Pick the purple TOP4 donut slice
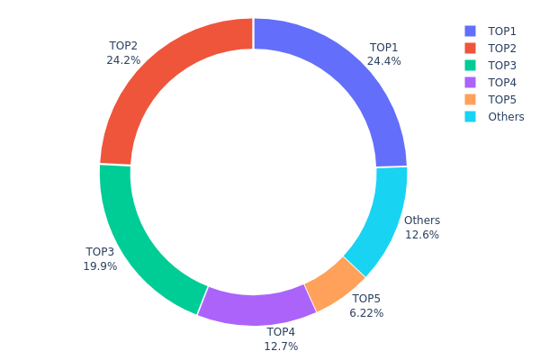click(256, 305)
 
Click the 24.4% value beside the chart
click(383, 61)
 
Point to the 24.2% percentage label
click(123, 60)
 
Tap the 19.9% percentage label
click(100, 266)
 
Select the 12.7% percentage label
click(281, 346)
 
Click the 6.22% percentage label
click(366, 313)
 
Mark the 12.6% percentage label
click(422, 235)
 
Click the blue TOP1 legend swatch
click(471, 31)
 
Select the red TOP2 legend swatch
click(471, 48)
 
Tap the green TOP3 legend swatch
click(471, 65)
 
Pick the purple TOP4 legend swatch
click(471, 82)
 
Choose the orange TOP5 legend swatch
click(471, 99)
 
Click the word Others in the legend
click(506, 116)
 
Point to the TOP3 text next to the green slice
click(100, 252)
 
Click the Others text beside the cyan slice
click(422, 220)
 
